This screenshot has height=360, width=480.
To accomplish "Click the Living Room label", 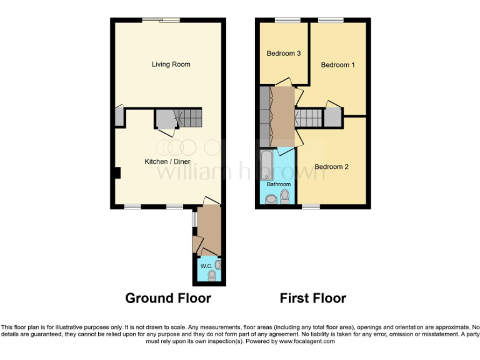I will [x=171, y=64].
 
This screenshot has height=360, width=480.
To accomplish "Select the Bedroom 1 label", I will [x=337, y=65].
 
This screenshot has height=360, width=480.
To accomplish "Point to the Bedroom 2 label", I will [x=331, y=167].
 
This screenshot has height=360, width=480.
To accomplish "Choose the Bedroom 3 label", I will [x=284, y=54].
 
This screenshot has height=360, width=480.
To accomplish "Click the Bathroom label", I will [x=279, y=184].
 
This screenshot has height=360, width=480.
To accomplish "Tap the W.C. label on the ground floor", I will [x=205, y=266].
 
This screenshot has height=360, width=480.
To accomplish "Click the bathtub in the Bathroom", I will [x=265, y=164].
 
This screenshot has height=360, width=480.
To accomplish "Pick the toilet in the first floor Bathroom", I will [x=286, y=197].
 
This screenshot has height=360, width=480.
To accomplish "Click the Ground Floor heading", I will [x=168, y=298].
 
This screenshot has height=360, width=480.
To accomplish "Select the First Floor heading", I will [x=312, y=298].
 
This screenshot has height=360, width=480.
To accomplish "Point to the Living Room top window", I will [x=161, y=21].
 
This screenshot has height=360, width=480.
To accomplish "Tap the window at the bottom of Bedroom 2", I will [x=311, y=206].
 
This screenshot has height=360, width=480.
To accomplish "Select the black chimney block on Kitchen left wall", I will [x=116, y=172].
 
